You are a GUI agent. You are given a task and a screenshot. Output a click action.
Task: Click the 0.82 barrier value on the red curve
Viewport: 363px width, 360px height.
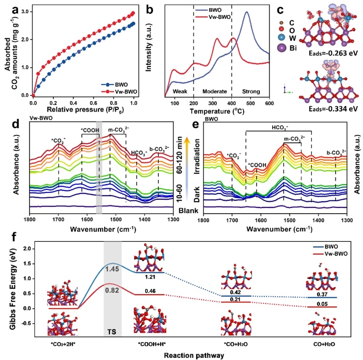pyautogui.click(x=113, y=290)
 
